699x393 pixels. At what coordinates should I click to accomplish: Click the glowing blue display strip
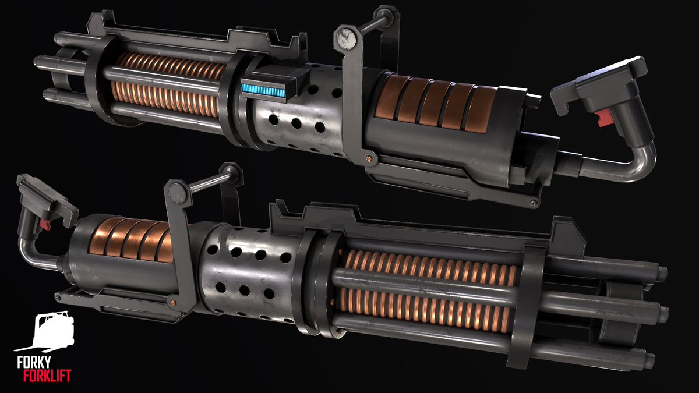click(264, 90)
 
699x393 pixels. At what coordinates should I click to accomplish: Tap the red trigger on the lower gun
click(44, 222)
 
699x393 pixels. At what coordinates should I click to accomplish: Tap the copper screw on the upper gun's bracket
click(368, 156)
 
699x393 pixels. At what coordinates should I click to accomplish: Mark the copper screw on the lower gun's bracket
click(172, 303)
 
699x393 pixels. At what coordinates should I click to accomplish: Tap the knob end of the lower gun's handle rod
click(234, 172)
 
